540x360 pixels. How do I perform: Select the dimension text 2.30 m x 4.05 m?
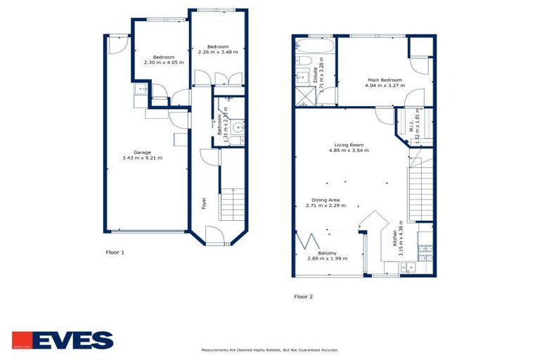(163, 63)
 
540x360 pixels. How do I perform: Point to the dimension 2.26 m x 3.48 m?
(218, 52)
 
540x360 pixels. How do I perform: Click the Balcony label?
(326, 253)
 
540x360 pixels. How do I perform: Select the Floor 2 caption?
(303, 297)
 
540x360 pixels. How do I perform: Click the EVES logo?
(62, 340)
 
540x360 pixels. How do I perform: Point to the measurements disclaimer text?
(269, 349)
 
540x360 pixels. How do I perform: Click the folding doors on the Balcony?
(306, 243)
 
